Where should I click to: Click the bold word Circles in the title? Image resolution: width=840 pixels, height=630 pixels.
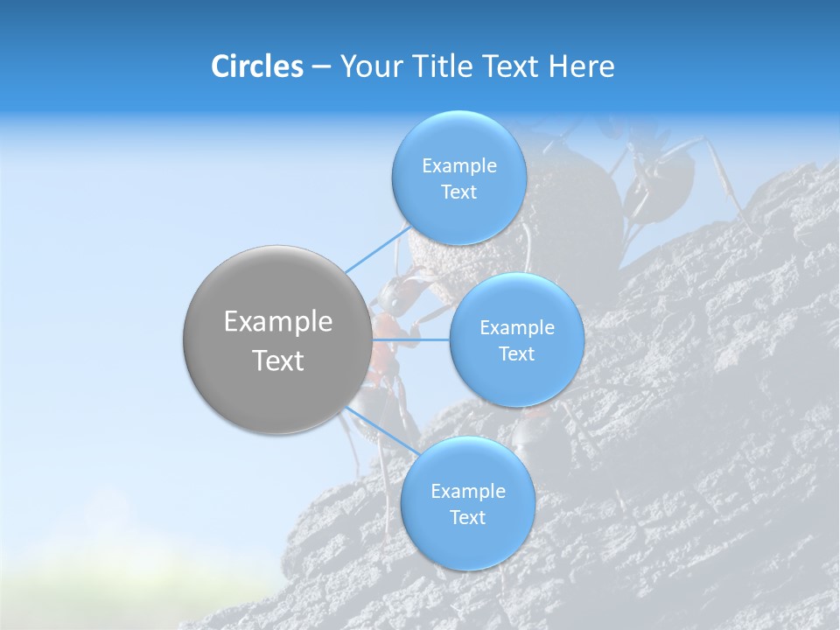pos(256,66)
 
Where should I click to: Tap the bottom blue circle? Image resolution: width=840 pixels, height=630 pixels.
pos(467,542)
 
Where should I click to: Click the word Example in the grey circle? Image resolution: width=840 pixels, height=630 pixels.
pos(277,322)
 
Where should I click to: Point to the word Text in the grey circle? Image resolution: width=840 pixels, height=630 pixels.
pos(277,360)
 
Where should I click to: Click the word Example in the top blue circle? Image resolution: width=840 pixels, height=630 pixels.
pos(458,166)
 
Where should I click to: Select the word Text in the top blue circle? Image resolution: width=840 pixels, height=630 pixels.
pos(458,192)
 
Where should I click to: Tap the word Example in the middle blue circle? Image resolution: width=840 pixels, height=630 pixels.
pos(516,328)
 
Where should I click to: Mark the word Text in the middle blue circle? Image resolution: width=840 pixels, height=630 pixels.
pos(516,354)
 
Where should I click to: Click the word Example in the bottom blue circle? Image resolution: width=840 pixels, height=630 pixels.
pos(467,492)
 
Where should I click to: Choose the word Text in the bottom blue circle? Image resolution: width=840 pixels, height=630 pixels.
pos(467,518)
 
